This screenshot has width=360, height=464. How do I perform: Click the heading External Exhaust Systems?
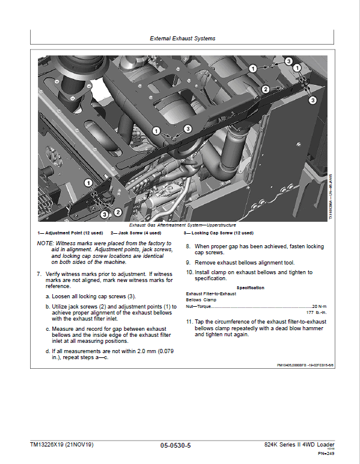pos(182,39)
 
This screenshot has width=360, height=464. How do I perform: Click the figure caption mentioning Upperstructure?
pos(182,225)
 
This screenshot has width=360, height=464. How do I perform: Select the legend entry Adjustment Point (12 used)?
pos(70,233)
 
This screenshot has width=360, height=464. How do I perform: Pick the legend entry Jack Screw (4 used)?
pos(136,233)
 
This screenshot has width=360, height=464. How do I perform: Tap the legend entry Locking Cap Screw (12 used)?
pos(219,233)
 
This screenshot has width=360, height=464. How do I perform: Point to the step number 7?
pos(39,274)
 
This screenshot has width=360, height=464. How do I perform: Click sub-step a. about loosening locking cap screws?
pos(91,296)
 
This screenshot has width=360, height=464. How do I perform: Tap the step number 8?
pos(188,246)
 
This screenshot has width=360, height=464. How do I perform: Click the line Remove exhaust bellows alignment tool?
pos(244,263)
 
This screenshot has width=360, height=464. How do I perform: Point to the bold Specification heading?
pos(250,287)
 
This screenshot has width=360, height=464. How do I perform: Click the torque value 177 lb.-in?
pos(317,313)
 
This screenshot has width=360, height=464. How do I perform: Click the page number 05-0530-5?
pos(176,445)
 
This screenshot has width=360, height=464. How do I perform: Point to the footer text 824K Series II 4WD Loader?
pos(299,445)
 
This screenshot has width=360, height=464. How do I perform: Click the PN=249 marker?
pos(326,453)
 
